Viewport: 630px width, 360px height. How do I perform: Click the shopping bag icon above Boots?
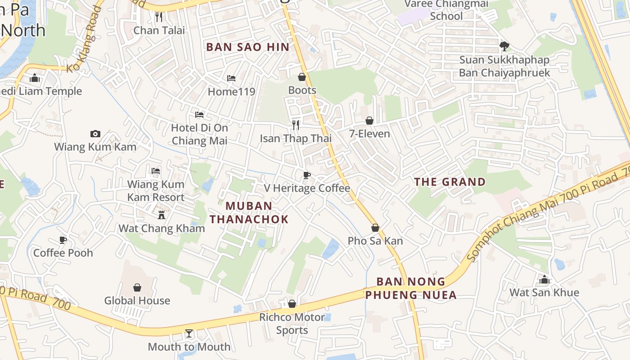click(302, 77)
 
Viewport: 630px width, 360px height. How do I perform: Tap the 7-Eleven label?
click(370, 134)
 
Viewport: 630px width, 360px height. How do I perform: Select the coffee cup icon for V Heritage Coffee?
click(307, 175)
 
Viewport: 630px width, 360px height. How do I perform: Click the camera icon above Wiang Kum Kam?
click(95, 134)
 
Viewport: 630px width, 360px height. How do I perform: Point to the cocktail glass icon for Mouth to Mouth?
click(189, 333)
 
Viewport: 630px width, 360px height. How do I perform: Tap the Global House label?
click(137, 301)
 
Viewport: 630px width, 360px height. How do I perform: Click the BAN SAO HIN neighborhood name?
click(248, 47)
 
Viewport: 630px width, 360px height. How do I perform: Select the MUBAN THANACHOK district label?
click(249, 212)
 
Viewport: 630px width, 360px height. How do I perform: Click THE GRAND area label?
click(450, 182)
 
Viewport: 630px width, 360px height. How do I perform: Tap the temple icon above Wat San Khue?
click(544, 279)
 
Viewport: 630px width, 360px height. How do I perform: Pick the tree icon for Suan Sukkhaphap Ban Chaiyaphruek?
click(504, 46)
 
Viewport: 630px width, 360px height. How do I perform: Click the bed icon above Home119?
click(231, 78)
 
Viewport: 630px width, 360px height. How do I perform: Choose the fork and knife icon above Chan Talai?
click(158, 17)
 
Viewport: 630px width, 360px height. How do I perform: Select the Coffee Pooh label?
click(63, 253)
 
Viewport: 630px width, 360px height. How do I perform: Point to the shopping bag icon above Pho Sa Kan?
click(375, 228)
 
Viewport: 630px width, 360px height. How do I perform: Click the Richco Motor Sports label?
click(292, 324)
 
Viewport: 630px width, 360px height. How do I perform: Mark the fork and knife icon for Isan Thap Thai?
click(296, 125)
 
